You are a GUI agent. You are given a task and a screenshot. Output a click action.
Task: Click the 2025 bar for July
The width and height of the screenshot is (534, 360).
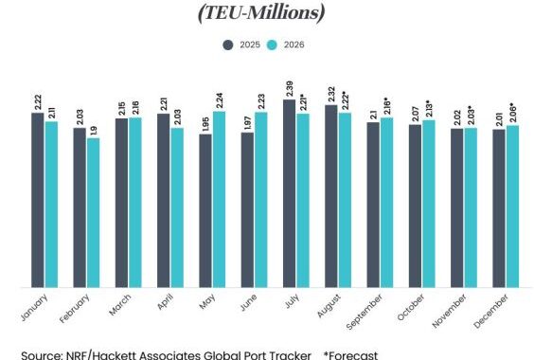click(x=289, y=193)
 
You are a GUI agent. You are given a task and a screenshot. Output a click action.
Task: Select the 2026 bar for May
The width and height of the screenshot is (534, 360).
click(x=219, y=200)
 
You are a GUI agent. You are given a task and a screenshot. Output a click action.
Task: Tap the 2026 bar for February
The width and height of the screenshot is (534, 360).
click(x=93, y=213)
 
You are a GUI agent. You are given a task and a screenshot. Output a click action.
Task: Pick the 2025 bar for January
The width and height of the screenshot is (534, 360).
click(x=38, y=200)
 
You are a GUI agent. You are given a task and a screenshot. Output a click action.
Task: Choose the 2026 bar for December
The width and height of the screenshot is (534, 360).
click(x=512, y=207)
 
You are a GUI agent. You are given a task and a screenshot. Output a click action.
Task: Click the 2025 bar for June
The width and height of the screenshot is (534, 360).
click(x=247, y=210)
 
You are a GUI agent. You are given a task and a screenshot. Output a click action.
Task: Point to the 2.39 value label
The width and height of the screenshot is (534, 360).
click(x=290, y=89)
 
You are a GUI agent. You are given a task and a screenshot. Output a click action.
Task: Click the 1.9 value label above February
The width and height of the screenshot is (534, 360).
click(x=94, y=131)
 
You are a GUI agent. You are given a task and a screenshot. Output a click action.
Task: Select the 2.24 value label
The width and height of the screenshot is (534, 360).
click(x=220, y=101)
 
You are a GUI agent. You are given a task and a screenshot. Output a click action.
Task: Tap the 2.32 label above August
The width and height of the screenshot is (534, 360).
click(x=331, y=95)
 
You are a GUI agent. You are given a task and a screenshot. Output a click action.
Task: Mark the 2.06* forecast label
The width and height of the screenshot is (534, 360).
click(x=513, y=113)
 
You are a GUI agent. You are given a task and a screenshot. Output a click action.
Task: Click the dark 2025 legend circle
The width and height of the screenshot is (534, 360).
click(x=228, y=45)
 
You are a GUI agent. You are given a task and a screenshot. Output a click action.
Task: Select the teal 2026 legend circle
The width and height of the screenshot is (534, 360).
click(x=272, y=45)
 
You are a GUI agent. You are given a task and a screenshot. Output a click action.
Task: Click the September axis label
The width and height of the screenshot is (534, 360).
click(x=365, y=312)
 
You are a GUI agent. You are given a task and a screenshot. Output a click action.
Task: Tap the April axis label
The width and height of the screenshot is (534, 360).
click(x=166, y=301)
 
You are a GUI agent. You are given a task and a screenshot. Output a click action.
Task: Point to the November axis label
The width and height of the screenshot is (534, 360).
click(x=449, y=311)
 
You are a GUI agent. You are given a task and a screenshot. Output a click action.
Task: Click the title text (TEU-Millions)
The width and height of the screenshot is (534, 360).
click(x=261, y=13)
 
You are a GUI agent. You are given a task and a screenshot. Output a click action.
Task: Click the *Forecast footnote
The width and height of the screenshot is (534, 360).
click(x=350, y=355)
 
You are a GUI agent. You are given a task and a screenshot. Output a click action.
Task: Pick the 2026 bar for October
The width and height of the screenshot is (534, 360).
click(x=429, y=204)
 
